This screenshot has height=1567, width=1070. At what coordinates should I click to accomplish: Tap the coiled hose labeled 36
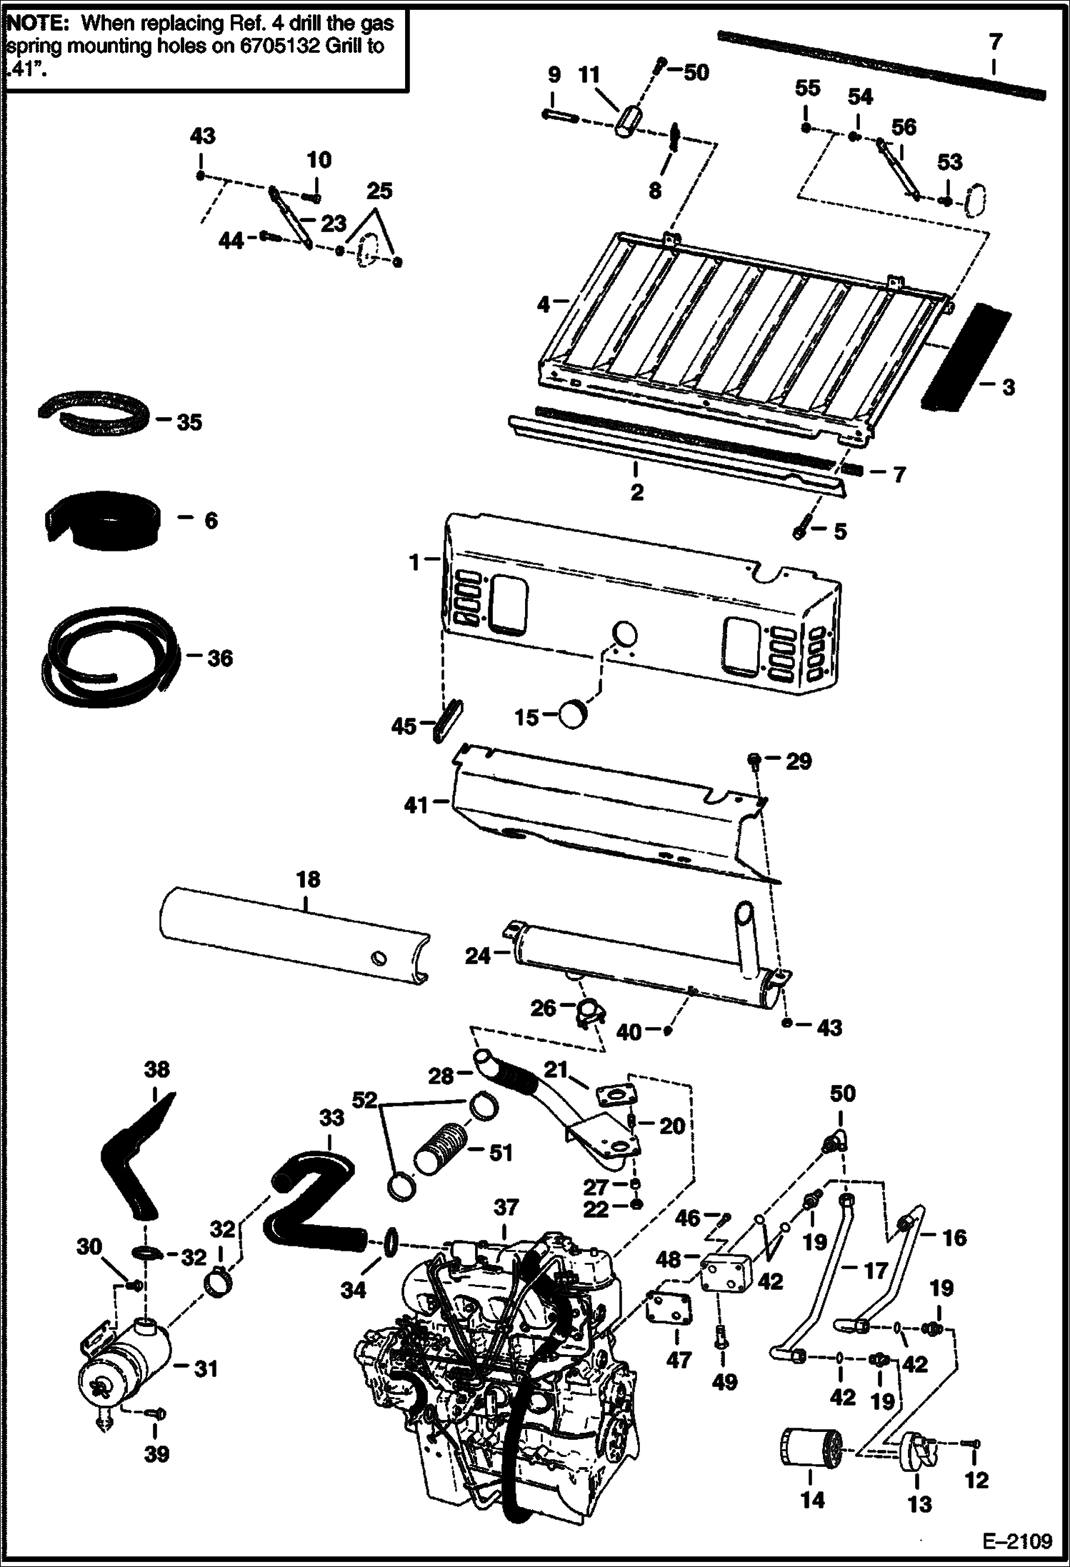click(x=107, y=656)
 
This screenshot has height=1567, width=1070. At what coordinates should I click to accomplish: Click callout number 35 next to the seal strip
click(x=189, y=422)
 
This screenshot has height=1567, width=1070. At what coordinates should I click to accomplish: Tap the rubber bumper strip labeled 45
click(x=446, y=721)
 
